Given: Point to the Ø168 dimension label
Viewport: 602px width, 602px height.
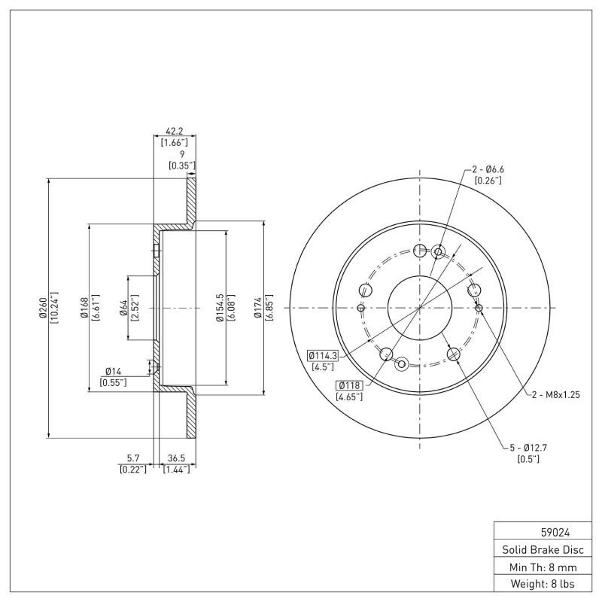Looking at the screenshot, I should tap(85, 308).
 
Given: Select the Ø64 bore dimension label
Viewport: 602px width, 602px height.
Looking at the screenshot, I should tap(124, 308).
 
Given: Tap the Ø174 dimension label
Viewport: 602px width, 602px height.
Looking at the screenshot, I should tap(258, 308).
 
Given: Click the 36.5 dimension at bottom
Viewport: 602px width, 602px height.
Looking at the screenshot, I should tap(175, 457).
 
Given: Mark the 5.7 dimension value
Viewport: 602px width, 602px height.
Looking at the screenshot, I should tap(132, 457).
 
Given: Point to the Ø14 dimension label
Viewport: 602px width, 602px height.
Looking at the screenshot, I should tap(113, 371).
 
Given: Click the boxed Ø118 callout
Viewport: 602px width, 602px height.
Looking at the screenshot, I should tap(351, 385).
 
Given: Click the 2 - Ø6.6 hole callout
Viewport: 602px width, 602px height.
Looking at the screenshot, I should tap(488, 169).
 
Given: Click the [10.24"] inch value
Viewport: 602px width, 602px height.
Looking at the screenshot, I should tap(53, 308).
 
